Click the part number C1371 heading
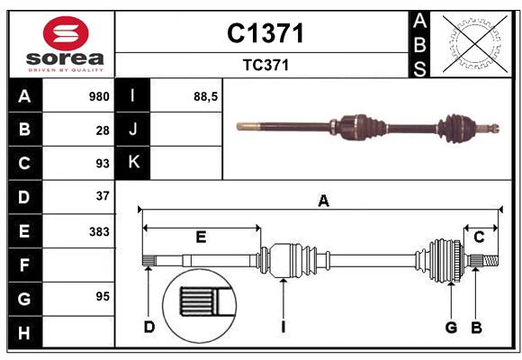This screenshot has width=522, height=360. (x=265, y=33)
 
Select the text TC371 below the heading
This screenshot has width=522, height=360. (x=265, y=65)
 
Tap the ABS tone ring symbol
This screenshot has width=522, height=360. (x=471, y=42)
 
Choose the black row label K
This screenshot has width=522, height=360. (x=133, y=162)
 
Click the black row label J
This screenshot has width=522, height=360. (x=133, y=130)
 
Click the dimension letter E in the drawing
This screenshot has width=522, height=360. (x=201, y=237)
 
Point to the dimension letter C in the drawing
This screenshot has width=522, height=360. (x=480, y=237)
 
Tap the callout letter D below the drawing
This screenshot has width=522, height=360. (x=149, y=327)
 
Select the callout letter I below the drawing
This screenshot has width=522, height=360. (x=283, y=327)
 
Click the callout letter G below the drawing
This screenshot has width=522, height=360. (x=451, y=327)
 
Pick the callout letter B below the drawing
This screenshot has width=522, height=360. (x=477, y=327)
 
